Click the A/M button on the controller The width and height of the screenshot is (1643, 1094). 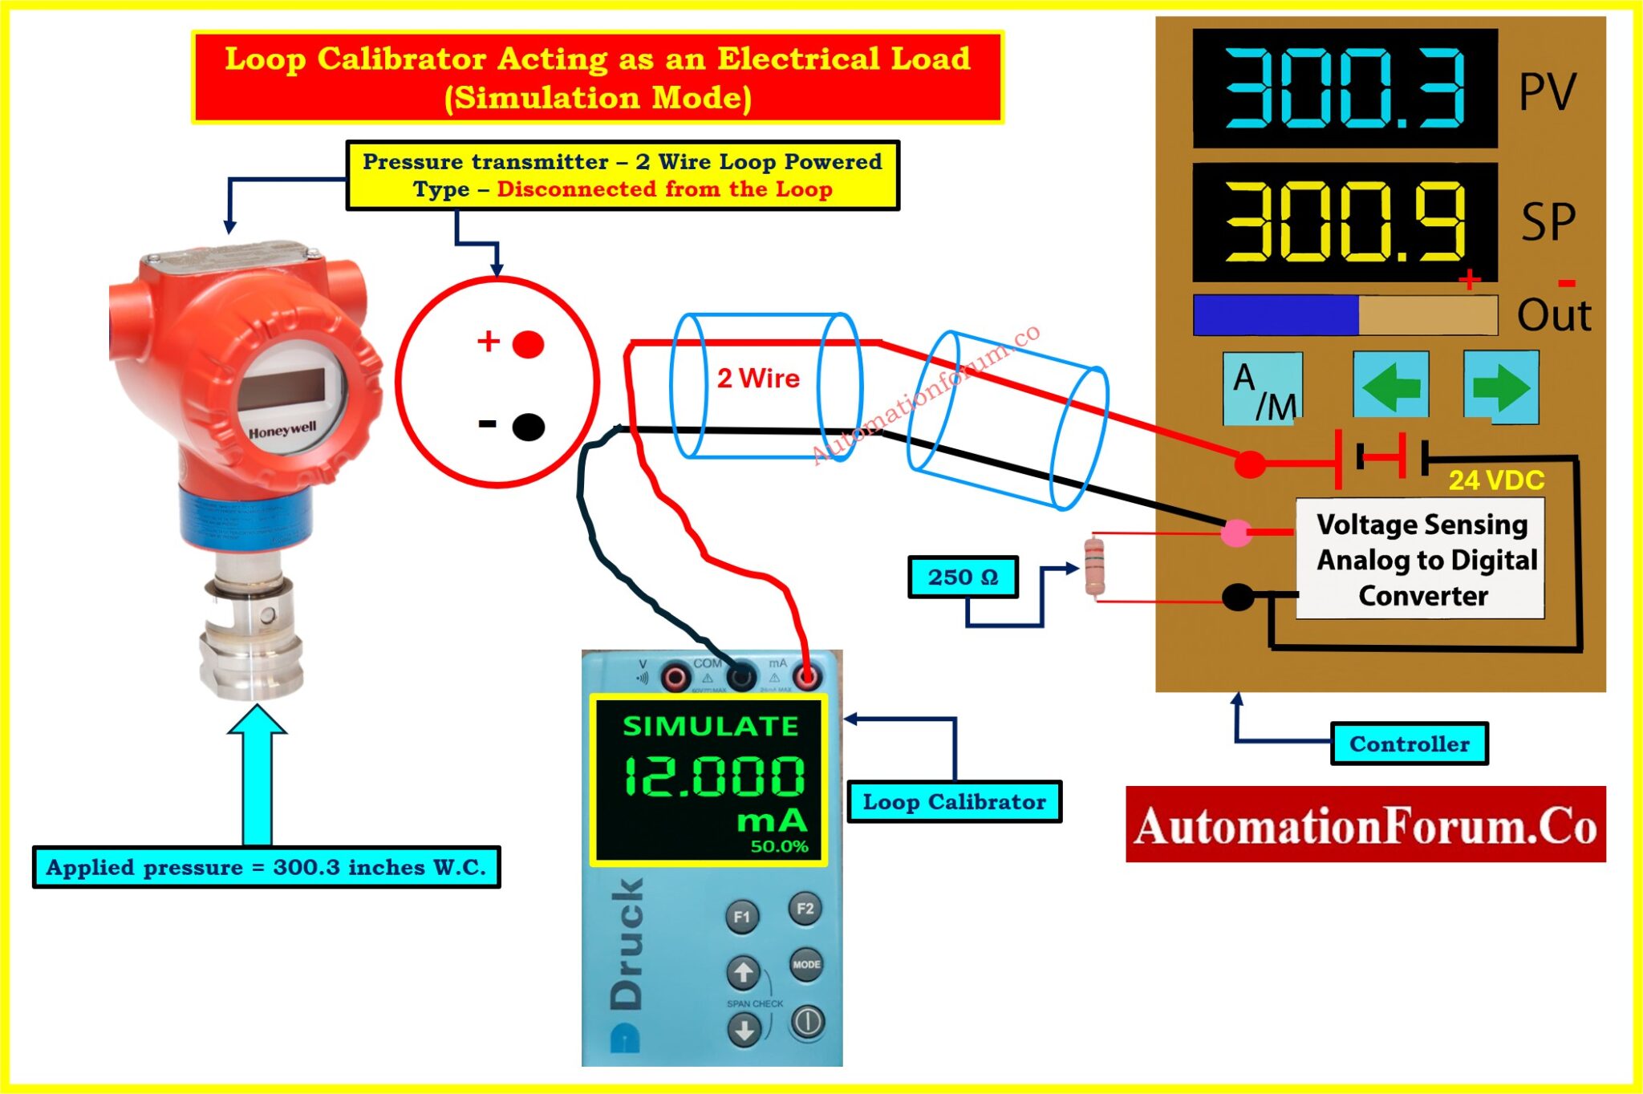click(x=1262, y=388)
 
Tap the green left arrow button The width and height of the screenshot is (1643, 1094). click(x=1390, y=385)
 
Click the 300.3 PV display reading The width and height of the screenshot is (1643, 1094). click(x=1345, y=88)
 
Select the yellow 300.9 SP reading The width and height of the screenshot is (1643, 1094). click(x=1345, y=222)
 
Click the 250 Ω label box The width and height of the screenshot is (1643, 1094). click(x=963, y=577)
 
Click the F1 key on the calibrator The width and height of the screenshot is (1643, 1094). click(x=742, y=917)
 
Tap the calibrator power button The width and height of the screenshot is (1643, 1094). click(x=806, y=1022)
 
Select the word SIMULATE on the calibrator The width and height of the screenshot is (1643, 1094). click(x=711, y=726)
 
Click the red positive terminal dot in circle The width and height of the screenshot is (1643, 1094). click(x=528, y=344)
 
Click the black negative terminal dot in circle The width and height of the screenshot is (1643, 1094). click(x=528, y=426)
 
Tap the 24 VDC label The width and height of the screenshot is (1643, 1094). click(x=1496, y=480)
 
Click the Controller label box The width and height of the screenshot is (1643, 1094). click(x=1409, y=744)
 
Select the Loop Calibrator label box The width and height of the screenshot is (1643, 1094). click(x=954, y=801)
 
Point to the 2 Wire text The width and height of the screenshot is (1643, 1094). click(x=758, y=378)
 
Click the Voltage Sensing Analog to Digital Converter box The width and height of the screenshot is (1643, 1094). click(x=1420, y=559)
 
